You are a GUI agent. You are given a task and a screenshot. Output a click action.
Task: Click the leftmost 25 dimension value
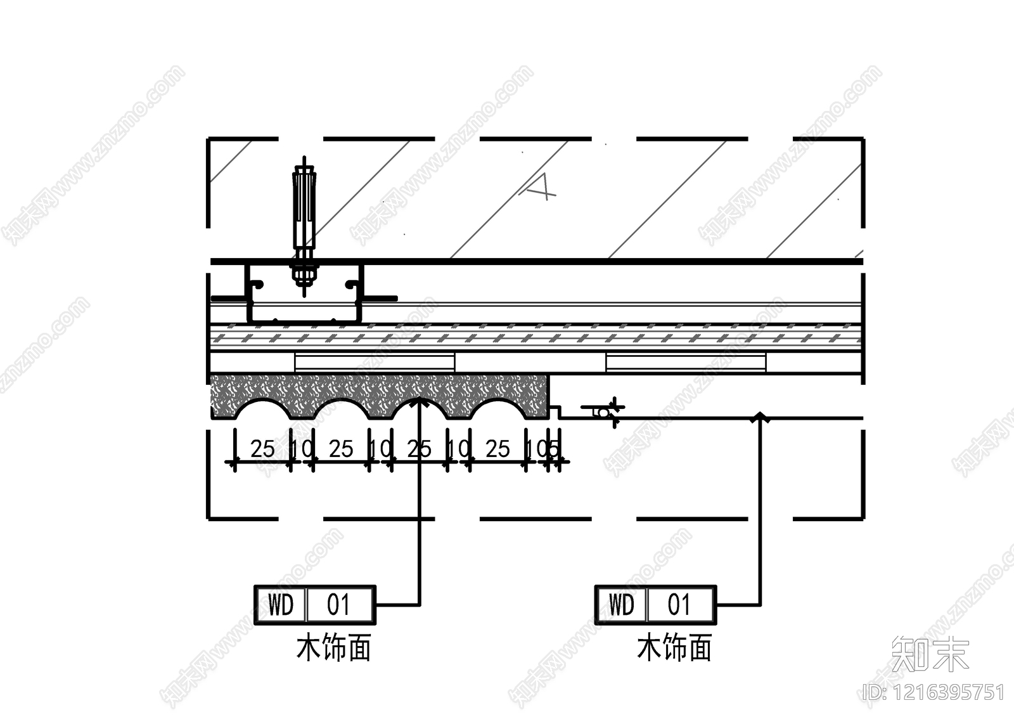coord(262,449)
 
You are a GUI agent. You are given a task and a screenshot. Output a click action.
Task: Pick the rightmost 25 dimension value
coord(497,449)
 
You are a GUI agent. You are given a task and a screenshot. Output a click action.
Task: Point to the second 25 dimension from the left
coord(341,449)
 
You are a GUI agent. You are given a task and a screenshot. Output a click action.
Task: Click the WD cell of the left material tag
coord(281,605)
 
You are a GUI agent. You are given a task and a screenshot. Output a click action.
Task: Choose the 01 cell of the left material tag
coord(339,605)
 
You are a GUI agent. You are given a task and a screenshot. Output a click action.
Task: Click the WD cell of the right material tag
coord(621,605)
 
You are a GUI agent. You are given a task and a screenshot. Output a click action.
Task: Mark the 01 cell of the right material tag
coord(679,605)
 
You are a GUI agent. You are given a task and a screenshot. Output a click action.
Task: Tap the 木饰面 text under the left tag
coord(333,648)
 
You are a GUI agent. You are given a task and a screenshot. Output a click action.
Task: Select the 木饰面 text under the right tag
coord(674,648)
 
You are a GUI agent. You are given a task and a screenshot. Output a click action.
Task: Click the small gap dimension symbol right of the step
coord(603,411)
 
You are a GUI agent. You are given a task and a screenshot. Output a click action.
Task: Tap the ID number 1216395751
coord(935,692)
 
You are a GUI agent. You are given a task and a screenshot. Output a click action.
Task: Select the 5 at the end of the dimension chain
coord(553,449)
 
